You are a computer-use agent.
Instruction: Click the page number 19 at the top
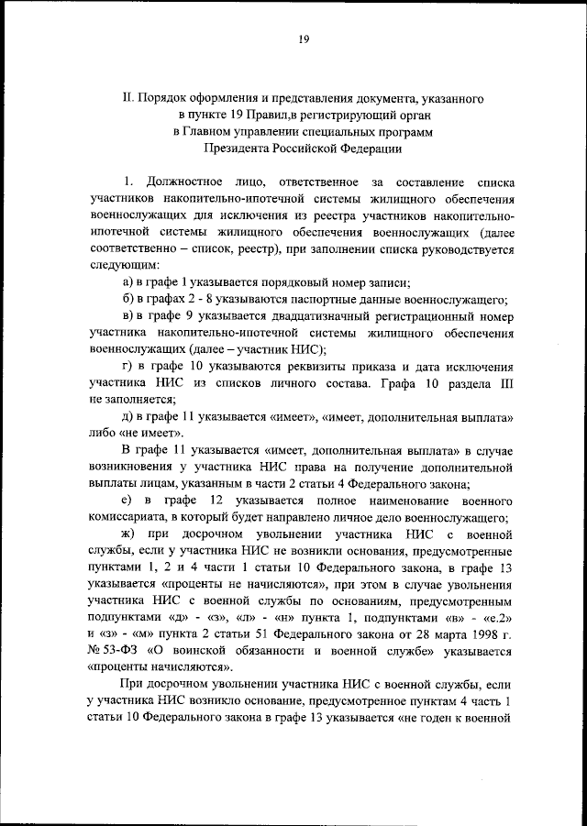click(x=303, y=38)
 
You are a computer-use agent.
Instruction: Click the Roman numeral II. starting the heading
click(x=128, y=96)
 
